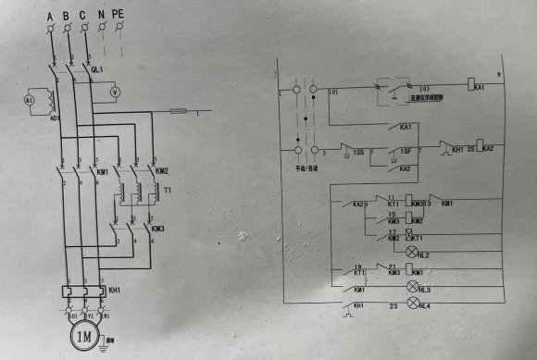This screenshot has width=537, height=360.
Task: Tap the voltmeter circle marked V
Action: pyautogui.click(x=117, y=93)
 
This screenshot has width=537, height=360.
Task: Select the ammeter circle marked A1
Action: pyautogui.click(x=29, y=100)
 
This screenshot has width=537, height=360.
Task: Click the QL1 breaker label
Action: pyautogui.click(x=97, y=68)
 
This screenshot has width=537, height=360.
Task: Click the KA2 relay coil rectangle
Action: pyautogui.click(x=474, y=148)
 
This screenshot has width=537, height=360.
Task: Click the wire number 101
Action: pyautogui.click(x=332, y=93)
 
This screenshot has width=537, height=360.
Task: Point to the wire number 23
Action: pyautogui.click(x=392, y=304)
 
